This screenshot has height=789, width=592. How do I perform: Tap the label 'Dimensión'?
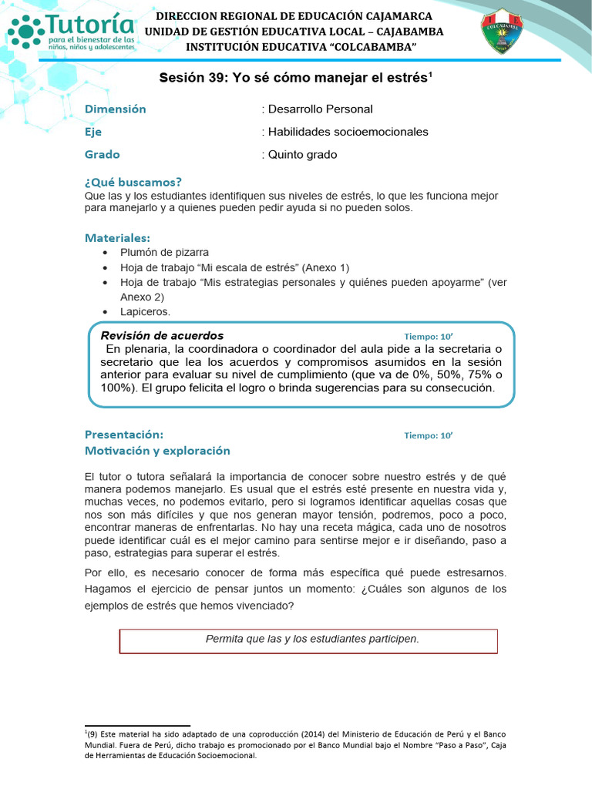tap(115, 109)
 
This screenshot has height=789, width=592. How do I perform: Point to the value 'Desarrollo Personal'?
tap(320, 109)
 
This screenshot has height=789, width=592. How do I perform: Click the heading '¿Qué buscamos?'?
tap(133, 183)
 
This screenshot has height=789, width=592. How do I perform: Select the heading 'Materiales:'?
tap(117, 237)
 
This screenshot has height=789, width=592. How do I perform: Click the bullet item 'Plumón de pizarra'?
tap(164, 253)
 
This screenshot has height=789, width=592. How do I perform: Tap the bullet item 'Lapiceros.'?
tap(145, 311)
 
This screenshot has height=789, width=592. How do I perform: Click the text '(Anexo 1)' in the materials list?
tap(326, 267)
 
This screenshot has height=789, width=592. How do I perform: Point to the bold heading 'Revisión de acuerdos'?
tap(163, 336)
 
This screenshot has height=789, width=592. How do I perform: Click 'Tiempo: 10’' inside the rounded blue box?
tap(429, 337)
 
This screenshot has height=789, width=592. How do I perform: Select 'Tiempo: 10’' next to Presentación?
tap(429, 435)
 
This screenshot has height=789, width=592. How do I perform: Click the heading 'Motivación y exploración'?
tap(157, 451)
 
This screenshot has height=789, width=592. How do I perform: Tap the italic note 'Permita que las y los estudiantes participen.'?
tap(312, 640)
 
